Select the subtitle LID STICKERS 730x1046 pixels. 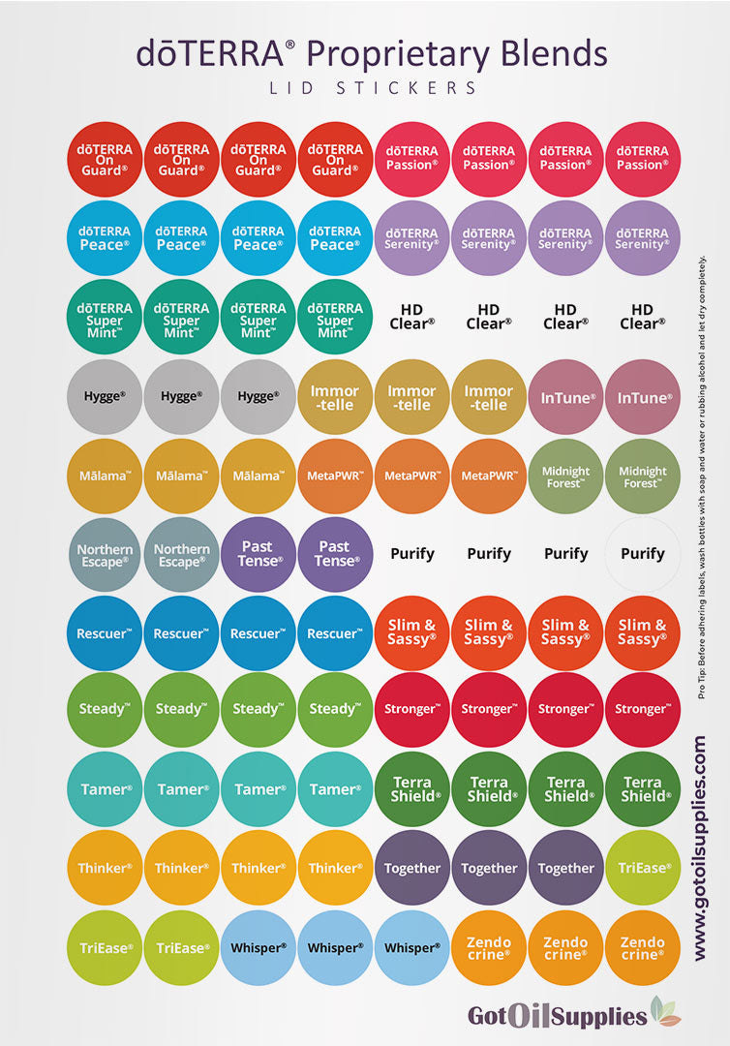[x=371, y=88]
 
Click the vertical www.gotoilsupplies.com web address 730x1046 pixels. [x=700, y=848]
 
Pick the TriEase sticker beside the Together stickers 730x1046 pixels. [x=643, y=868]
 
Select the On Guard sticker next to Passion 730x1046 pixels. [x=335, y=158]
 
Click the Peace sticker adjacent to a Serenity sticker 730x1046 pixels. [x=335, y=238]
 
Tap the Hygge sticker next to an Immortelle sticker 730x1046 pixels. [x=258, y=397]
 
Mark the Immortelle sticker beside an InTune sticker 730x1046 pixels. [x=489, y=397]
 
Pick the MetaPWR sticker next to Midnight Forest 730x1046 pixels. [x=489, y=476]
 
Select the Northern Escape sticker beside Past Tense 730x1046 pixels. [x=181, y=555]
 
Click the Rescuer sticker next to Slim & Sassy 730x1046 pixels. [x=335, y=633]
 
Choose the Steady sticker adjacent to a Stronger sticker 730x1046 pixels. [x=335, y=709]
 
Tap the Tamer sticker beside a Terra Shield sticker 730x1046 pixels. [x=335, y=789]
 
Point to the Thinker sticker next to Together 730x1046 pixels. [x=335, y=868]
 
